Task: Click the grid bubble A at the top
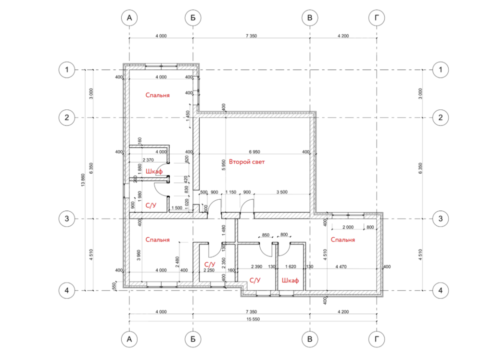pyautogui.click(x=129, y=18)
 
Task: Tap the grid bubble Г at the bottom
pyautogui.click(x=377, y=339)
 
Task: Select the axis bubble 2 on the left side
pyautogui.click(x=66, y=117)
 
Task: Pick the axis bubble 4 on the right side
pyautogui.click(x=441, y=290)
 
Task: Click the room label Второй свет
pyautogui.click(x=247, y=162)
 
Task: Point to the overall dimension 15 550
pyautogui.click(x=253, y=319)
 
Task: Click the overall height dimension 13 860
pyautogui.click(x=83, y=180)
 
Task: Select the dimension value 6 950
pyautogui.click(x=254, y=152)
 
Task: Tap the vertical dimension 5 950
pyautogui.click(x=223, y=165)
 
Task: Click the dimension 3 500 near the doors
pyautogui.click(x=282, y=192)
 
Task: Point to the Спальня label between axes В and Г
pyautogui.click(x=342, y=240)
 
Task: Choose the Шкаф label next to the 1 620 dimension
pyautogui.click(x=290, y=281)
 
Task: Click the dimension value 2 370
pyautogui.click(x=148, y=160)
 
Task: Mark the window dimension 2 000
pyautogui.click(x=348, y=227)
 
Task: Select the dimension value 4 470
pyautogui.click(x=341, y=267)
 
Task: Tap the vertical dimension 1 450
pyautogui.click(x=188, y=116)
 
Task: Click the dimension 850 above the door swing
pyautogui.click(x=266, y=235)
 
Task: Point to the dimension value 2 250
pyautogui.click(x=209, y=270)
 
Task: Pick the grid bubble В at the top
pyautogui.click(x=309, y=18)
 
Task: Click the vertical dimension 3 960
pyautogui.click(x=139, y=255)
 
